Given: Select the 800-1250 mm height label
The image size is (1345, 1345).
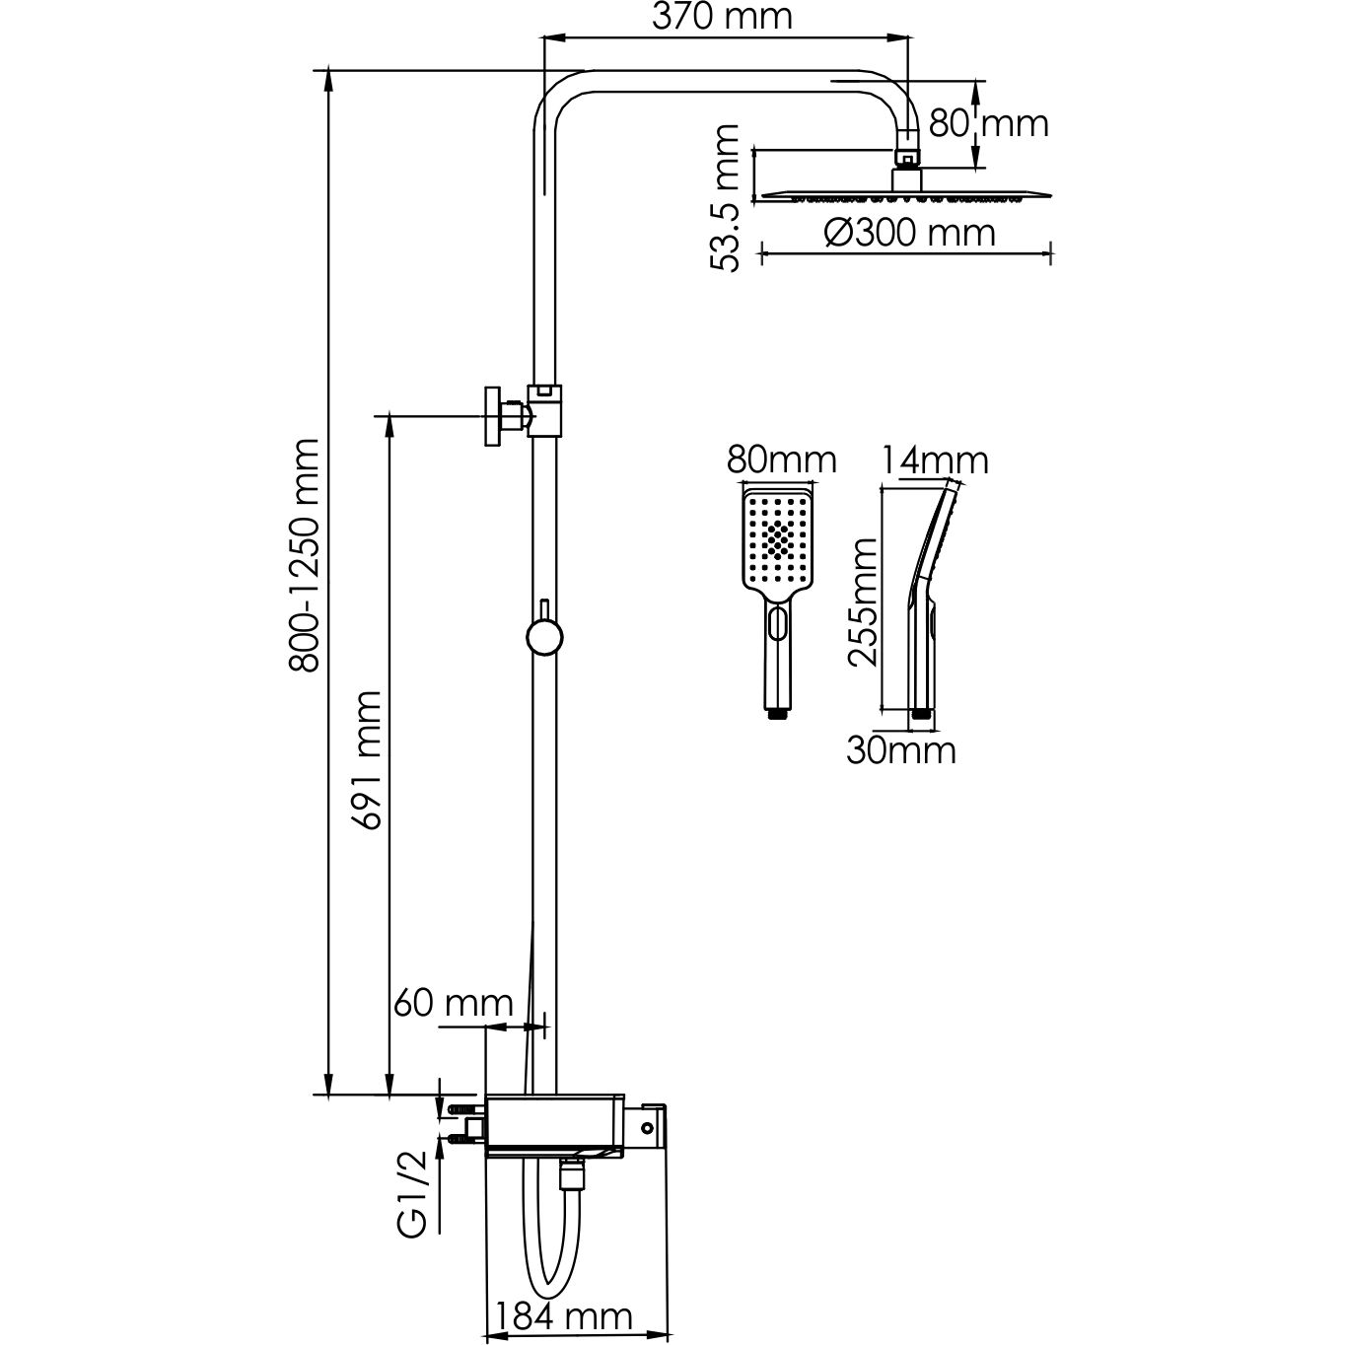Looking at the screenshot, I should pyautogui.click(x=306, y=556).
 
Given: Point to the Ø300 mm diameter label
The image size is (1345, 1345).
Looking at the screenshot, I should pyautogui.click(x=908, y=234).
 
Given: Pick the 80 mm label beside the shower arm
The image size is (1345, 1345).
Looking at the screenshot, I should pyautogui.click(x=989, y=123).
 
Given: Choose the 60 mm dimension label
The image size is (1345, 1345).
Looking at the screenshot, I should pyautogui.click(x=453, y=1003).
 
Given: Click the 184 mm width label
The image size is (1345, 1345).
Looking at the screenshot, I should pyautogui.click(x=563, y=1316).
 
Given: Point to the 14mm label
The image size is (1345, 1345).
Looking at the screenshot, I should pyautogui.click(x=935, y=460).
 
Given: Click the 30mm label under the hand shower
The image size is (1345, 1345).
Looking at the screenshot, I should pyautogui.click(x=900, y=750).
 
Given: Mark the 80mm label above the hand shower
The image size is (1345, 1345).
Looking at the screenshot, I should pyautogui.click(x=781, y=460).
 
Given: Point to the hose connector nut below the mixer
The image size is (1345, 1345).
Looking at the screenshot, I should pyautogui.click(x=570, y=1174).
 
